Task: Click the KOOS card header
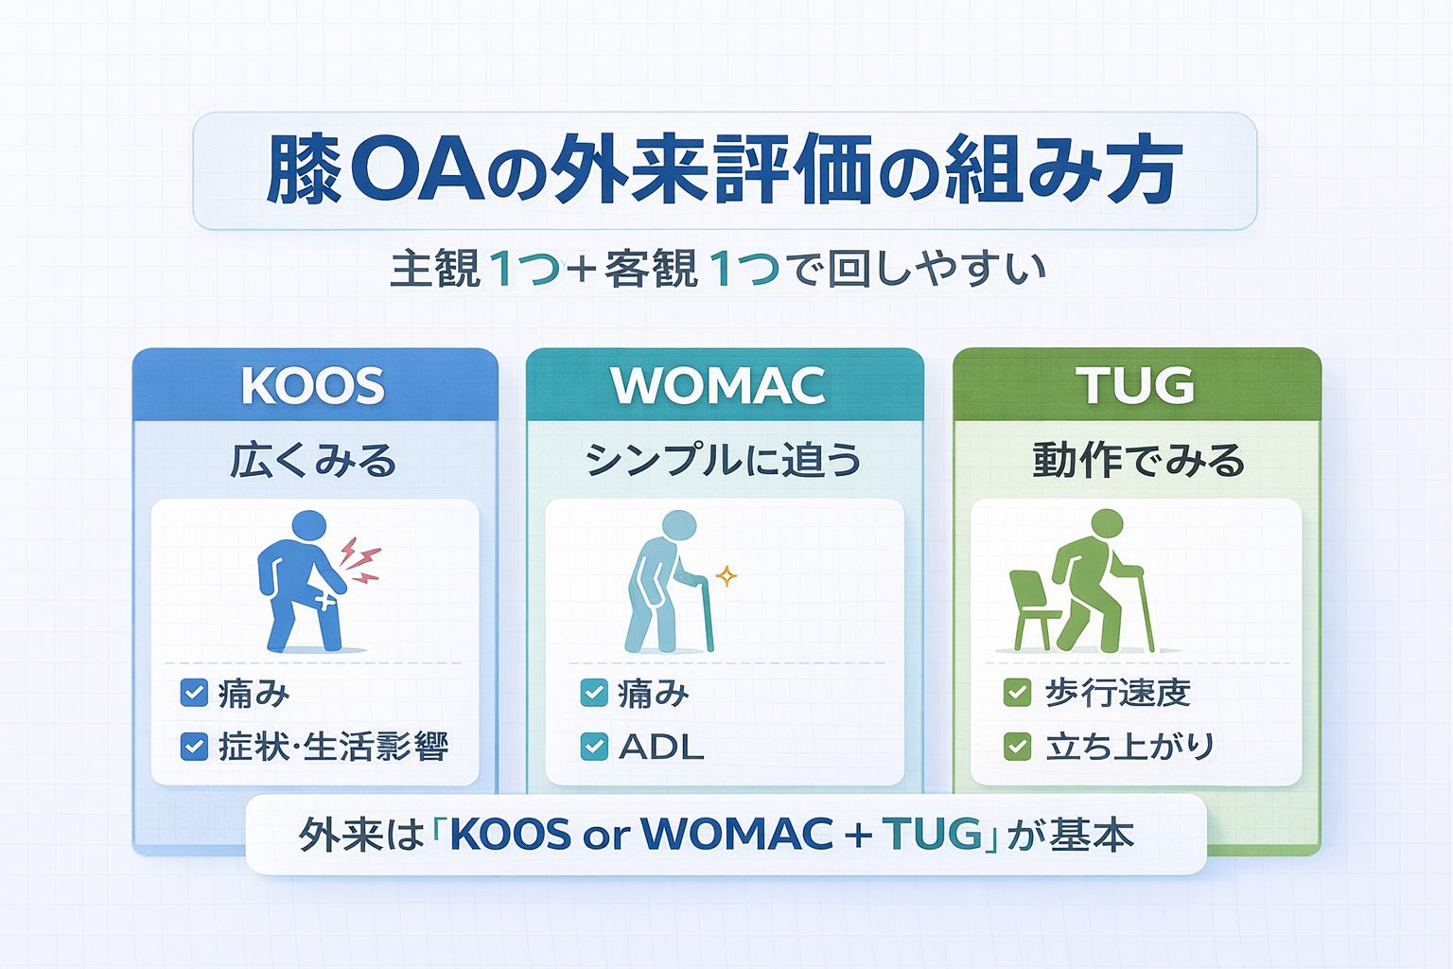(x=314, y=385)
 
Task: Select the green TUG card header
(x=1135, y=385)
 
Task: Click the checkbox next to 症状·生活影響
(x=194, y=747)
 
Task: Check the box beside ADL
(x=594, y=747)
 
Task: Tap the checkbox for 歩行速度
(x=1017, y=693)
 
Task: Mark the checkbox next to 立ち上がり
(x=1017, y=747)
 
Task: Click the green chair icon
(x=1034, y=609)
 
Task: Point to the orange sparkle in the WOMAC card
(x=726, y=575)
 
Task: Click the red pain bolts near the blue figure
(x=360, y=560)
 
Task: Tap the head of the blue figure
(x=308, y=526)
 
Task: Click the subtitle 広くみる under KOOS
(x=314, y=461)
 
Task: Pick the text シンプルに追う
(x=724, y=461)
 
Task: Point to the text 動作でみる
(x=1138, y=461)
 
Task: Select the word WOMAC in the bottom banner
(x=737, y=834)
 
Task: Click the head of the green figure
(x=1107, y=524)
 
